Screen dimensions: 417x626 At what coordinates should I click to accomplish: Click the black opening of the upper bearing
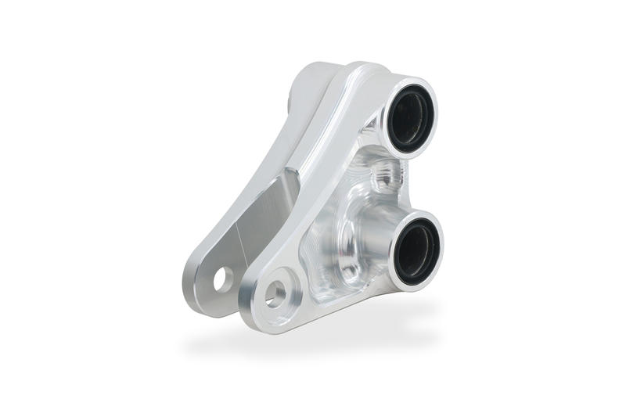click(409, 117)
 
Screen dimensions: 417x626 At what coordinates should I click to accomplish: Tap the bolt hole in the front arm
click(275, 294)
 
